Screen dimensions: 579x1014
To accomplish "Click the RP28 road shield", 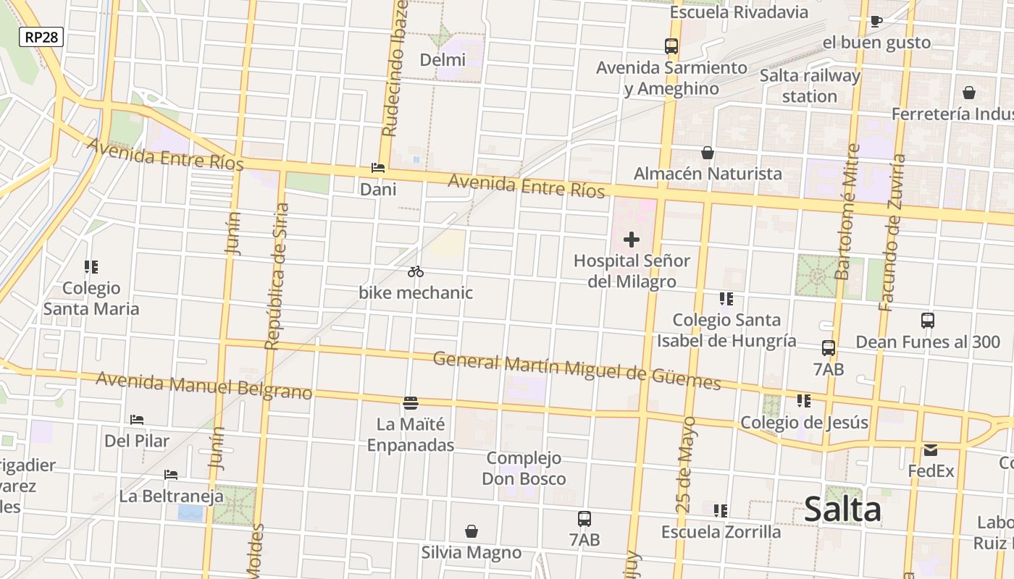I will [41, 37].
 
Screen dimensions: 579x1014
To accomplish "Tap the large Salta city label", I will [842, 510].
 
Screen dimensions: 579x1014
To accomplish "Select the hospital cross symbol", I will [632, 240].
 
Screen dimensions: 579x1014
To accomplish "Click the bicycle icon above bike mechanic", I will [415, 271].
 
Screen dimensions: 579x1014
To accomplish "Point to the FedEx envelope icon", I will [931, 450].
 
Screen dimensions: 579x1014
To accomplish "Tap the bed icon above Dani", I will [377, 168].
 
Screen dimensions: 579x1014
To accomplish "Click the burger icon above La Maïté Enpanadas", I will [411, 402].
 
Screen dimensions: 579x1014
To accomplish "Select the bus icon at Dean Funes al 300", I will [927, 320].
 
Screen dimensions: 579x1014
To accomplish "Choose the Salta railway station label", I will [810, 85].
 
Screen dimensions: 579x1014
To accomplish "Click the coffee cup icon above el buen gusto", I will [876, 21].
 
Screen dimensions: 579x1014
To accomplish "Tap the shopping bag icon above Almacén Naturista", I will [707, 153].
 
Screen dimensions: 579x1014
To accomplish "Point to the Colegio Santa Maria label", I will [91, 298].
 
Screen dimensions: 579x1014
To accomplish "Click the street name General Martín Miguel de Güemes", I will [577, 371].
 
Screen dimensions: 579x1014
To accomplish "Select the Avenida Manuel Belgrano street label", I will [204, 386].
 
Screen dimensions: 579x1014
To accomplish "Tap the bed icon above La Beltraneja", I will [171, 475].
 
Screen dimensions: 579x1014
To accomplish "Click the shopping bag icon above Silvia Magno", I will [472, 531].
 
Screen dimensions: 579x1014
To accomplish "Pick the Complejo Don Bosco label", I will [524, 468].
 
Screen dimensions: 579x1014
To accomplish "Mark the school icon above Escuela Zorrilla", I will [721, 510].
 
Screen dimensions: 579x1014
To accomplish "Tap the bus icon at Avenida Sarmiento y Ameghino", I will [671, 46].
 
